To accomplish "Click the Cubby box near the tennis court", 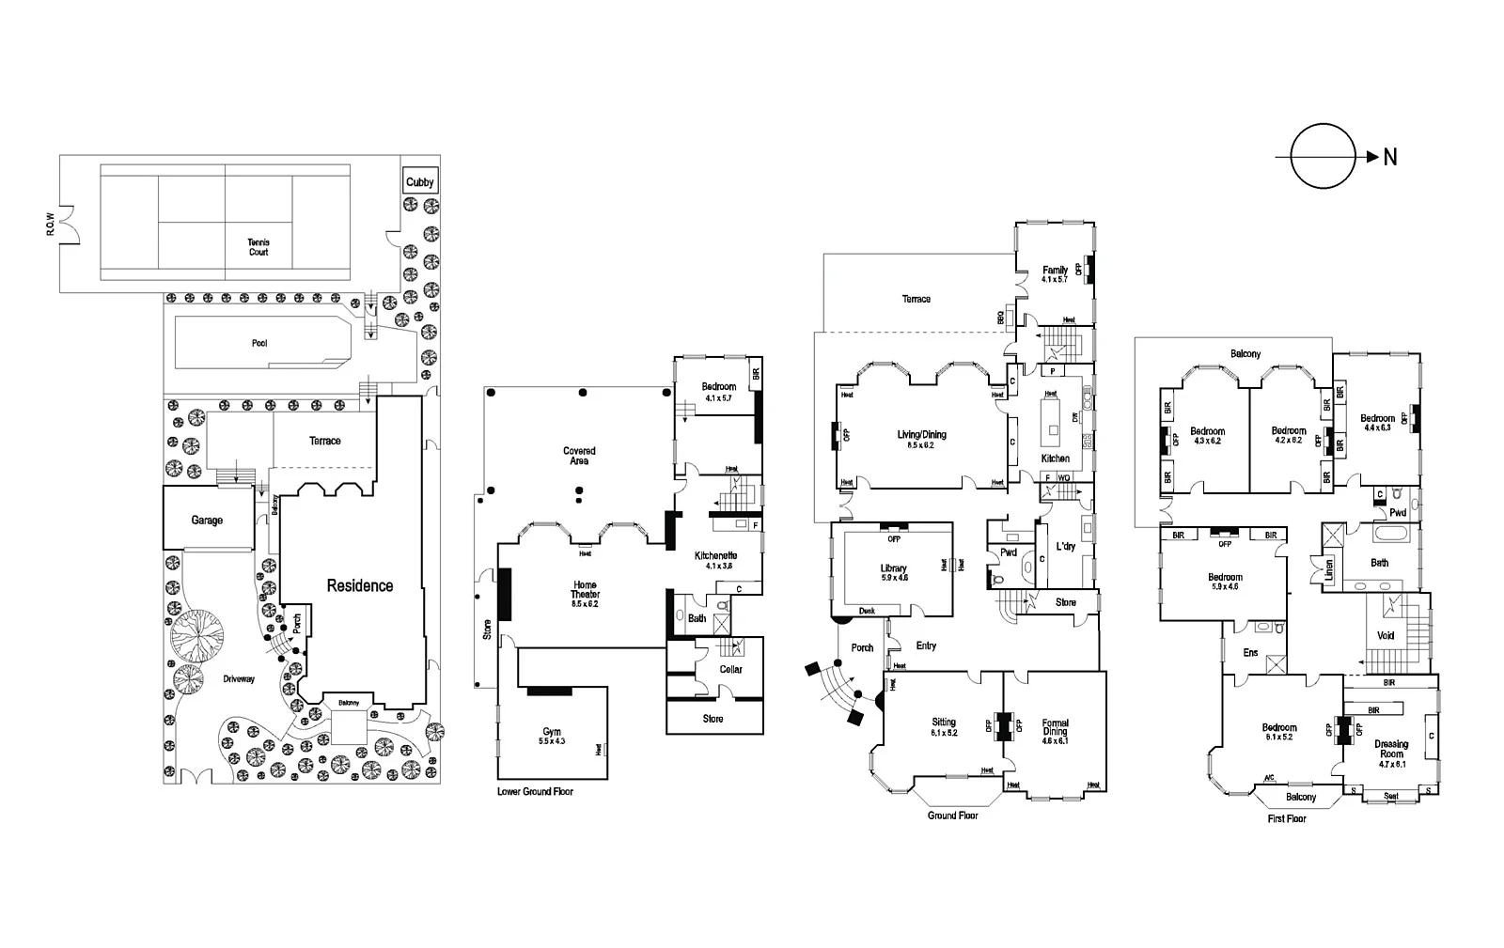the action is (x=419, y=181).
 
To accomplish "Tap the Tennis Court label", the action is (x=258, y=247).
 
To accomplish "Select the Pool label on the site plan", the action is (x=259, y=343).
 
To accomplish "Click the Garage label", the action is (x=207, y=520).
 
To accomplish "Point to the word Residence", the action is (x=360, y=585).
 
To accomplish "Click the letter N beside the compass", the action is (x=1389, y=158).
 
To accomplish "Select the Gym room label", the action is (x=552, y=736).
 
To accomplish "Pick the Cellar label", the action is (x=730, y=669).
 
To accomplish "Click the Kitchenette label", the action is (x=715, y=560).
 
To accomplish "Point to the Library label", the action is (x=893, y=572).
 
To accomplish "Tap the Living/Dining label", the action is (x=921, y=439).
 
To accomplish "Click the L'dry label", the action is (x=1065, y=546).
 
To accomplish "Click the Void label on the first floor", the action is (x=1386, y=635).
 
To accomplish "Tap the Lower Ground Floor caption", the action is (x=535, y=792).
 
